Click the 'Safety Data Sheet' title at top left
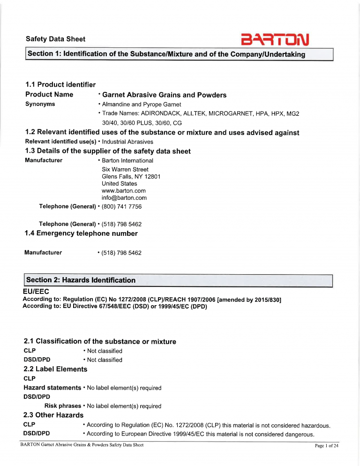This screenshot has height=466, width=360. click(x=55, y=39)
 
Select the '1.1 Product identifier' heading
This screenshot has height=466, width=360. click(x=60, y=84)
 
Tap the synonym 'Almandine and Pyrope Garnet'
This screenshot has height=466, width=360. click(x=141, y=105)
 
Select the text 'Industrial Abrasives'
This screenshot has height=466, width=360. click(x=127, y=142)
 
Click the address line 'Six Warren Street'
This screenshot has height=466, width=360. click(x=125, y=169)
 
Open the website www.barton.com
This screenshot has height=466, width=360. click(x=123, y=191)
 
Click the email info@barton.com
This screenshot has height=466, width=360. click(x=120, y=198)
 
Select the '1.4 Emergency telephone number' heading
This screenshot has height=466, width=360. click(x=81, y=233)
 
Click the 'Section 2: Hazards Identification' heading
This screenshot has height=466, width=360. click(x=81, y=280)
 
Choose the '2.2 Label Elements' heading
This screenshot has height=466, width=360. click(x=55, y=369)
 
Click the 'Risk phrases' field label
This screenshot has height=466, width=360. click(x=62, y=406)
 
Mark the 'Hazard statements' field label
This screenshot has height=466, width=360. click(x=52, y=388)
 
